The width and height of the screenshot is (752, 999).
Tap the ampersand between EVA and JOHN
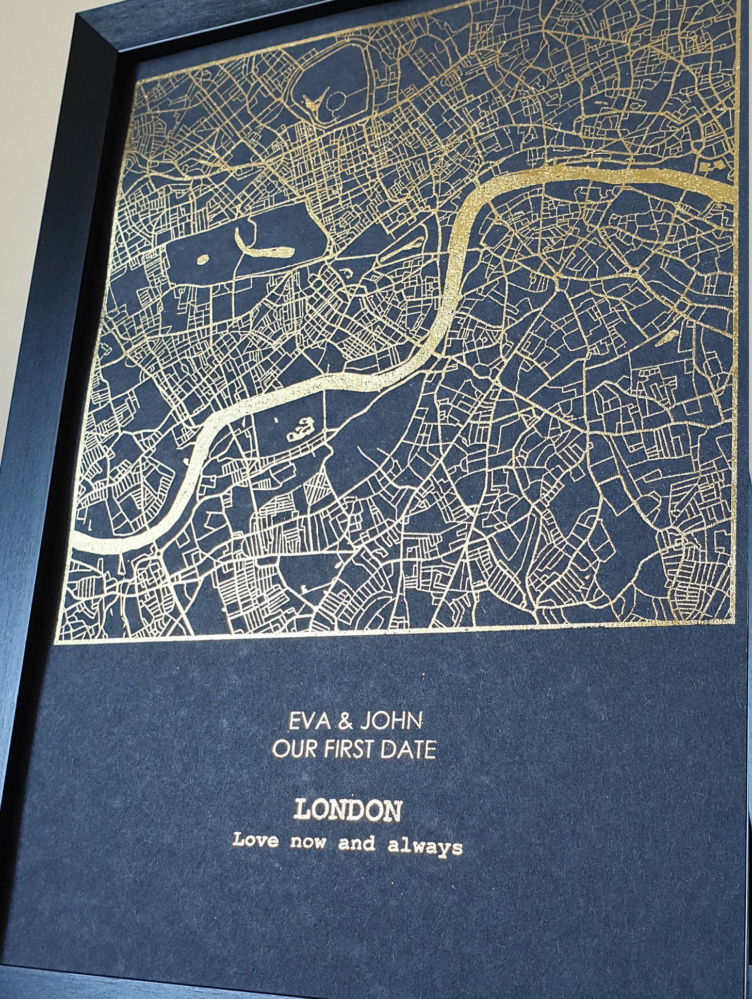[342, 721]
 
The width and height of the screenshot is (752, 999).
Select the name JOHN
[390, 721]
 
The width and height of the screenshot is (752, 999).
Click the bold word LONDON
[347, 811]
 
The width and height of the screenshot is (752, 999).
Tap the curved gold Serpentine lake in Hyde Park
[263, 247]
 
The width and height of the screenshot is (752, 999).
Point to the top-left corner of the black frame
[77, 15]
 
